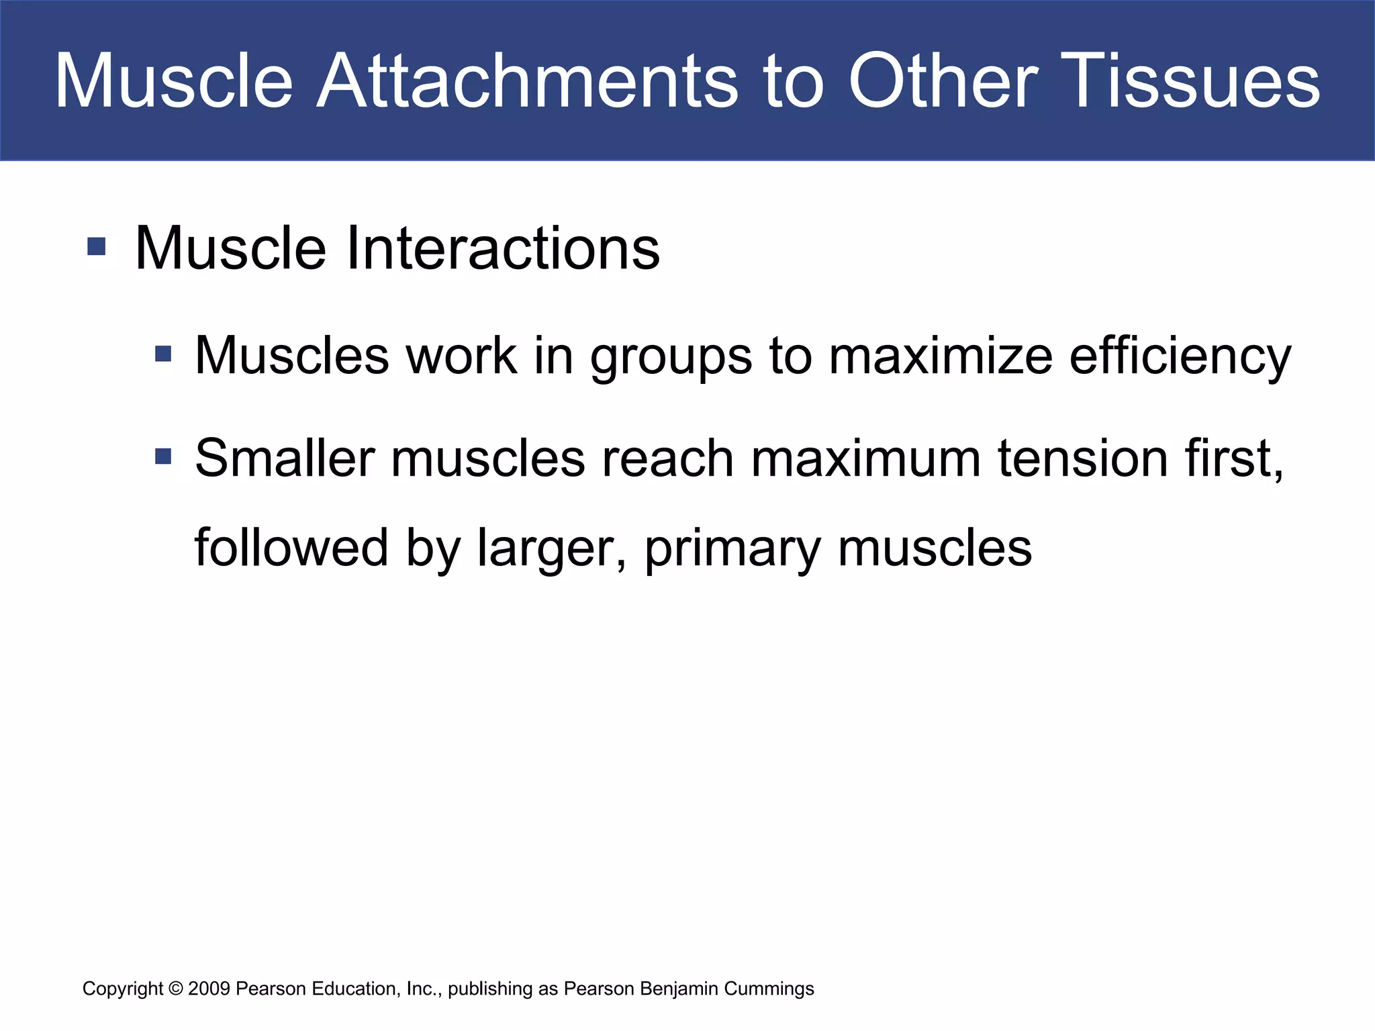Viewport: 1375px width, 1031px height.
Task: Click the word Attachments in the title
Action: point(526,82)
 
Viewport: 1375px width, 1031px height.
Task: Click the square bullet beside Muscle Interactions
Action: point(97,246)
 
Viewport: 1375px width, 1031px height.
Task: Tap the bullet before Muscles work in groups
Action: point(163,354)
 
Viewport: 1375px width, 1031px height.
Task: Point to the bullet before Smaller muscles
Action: point(163,457)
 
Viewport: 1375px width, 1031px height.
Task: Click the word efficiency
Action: point(1180,356)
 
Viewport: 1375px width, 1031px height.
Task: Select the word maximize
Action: point(940,356)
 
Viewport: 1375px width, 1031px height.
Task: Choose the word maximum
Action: point(865,458)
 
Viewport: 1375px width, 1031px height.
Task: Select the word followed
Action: point(291,548)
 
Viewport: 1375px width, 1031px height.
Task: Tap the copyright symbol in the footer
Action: point(176,989)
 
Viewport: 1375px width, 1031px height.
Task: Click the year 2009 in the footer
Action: point(209,989)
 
